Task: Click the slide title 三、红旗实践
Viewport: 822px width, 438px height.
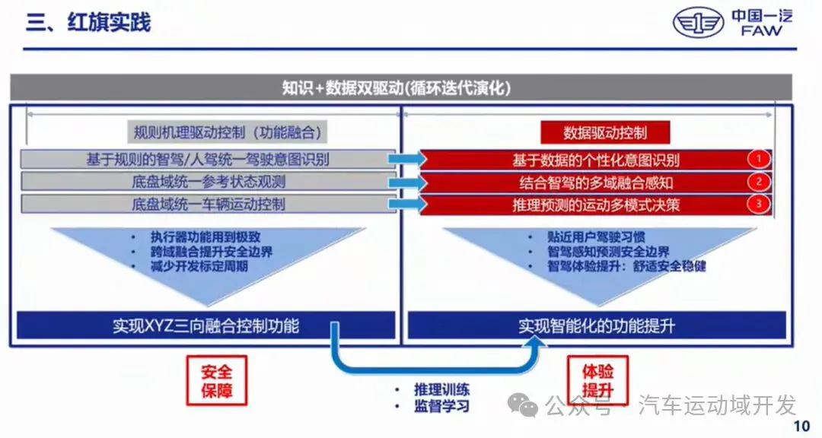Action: pyautogui.click(x=88, y=22)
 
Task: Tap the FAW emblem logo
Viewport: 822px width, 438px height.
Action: pyautogui.click(x=698, y=23)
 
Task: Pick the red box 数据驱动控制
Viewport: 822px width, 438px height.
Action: pyautogui.click(x=604, y=132)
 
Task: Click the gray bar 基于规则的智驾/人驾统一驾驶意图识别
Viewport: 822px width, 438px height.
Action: pyautogui.click(x=208, y=160)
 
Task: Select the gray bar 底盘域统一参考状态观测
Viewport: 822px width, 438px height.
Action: pyautogui.click(x=208, y=182)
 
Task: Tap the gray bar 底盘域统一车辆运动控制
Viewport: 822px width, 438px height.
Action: pyautogui.click(x=208, y=205)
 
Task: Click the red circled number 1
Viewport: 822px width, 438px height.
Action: pyautogui.click(x=758, y=160)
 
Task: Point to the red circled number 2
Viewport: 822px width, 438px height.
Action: pyautogui.click(x=758, y=182)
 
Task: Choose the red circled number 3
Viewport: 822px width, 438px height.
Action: pyautogui.click(x=758, y=205)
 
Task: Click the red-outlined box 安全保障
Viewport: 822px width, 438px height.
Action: pyautogui.click(x=216, y=381)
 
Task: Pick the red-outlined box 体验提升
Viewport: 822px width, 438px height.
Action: pyautogui.click(x=597, y=381)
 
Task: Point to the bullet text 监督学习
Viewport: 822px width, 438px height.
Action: pyautogui.click(x=441, y=406)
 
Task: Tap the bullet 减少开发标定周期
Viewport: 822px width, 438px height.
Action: pyautogui.click(x=199, y=267)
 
